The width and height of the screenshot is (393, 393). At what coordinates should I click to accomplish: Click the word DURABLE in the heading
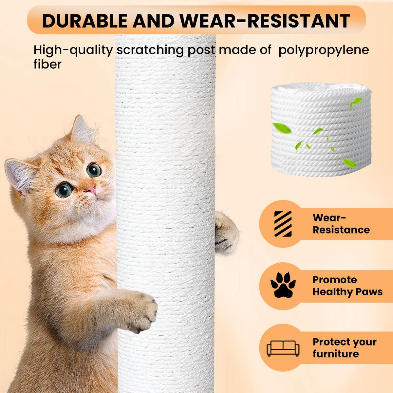tap(84, 21)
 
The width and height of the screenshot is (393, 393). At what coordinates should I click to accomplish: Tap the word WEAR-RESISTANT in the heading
tap(265, 21)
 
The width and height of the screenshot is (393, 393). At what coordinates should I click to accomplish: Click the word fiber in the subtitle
tap(47, 64)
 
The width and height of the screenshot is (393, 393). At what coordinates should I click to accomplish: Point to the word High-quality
tap(73, 50)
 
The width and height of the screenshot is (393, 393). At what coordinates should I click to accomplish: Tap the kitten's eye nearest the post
tap(94, 170)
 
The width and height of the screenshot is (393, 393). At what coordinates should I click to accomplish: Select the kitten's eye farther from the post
tap(64, 190)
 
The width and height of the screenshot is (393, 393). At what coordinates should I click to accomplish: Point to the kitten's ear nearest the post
tap(81, 129)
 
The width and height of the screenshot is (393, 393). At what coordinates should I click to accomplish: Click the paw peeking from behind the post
tap(227, 233)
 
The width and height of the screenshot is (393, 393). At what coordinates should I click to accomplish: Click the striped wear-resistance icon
tap(283, 224)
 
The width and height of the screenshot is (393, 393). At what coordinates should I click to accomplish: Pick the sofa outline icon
tap(283, 348)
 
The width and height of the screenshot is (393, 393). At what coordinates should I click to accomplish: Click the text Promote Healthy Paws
tap(347, 286)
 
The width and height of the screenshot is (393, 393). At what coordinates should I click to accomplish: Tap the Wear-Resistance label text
tap(341, 224)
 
